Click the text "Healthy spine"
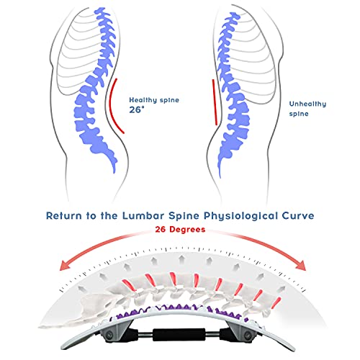pyautogui.click(x=154, y=100)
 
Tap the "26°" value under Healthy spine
pyautogui.click(x=136, y=112)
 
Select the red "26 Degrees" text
pyautogui.click(x=179, y=230)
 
